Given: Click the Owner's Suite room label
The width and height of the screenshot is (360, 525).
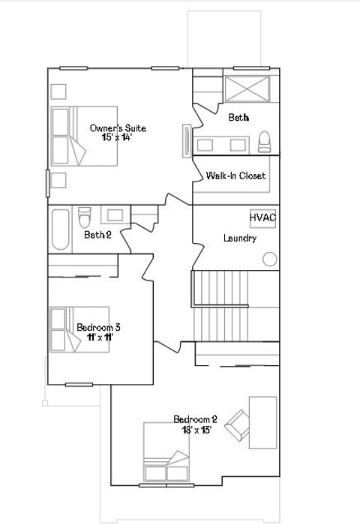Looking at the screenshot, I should (x=118, y=128).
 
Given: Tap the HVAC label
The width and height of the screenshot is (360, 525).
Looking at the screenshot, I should (x=262, y=217).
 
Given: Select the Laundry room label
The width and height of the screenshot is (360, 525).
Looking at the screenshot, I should (x=240, y=238).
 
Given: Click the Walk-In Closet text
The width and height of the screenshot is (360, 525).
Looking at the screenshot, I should (x=235, y=176).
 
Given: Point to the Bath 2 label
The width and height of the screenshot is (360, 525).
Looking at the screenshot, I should (x=97, y=235).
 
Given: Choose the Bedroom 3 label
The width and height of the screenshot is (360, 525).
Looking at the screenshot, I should (x=98, y=327).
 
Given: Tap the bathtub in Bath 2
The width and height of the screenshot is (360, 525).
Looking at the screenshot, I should (x=61, y=229).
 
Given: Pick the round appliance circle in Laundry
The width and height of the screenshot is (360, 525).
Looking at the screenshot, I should (x=269, y=259).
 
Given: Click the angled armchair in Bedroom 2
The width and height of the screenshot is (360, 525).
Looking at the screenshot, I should (x=238, y=425).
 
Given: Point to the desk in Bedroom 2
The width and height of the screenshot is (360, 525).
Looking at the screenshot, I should (x=263, y=422).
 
